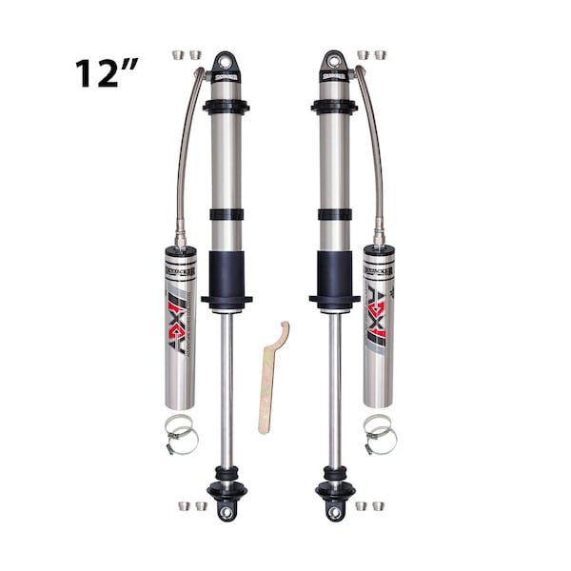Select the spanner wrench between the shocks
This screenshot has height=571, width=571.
pyautogui.click(x=270, y=381)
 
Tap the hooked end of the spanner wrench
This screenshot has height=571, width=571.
pyautogui.click(x=281, y=333)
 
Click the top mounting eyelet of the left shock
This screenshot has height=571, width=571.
pyautogui.click(x=226, y=61)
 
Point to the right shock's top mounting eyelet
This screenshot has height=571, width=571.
pyautogui.click(x=334, y=61)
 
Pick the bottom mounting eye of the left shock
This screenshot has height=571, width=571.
pyautogui.click(x=226, y=511)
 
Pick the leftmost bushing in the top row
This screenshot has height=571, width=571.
pyautogui.click(x=178, y=55)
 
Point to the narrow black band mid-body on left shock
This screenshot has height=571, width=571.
pyautogui.click(x=226, y=214)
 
